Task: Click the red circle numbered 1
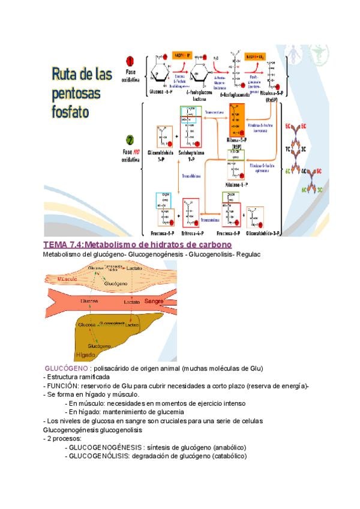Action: (130, 61)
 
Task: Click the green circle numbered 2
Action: (130, 139)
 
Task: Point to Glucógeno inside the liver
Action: (98, 346)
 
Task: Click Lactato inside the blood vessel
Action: (132, 301)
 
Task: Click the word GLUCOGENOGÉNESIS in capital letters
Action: (106, 448)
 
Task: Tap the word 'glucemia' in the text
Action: (167, 412)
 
